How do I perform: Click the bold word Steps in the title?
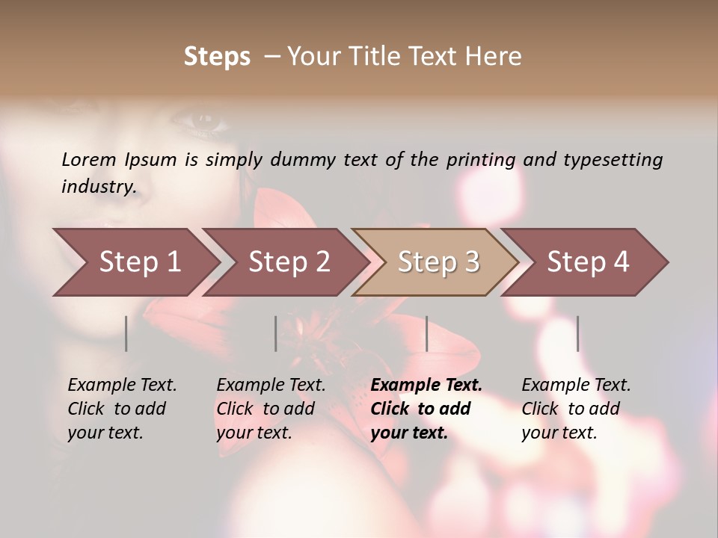[217, 57]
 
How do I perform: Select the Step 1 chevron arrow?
[135, 262]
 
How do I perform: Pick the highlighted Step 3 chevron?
[438, 262]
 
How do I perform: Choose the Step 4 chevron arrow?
[587, 262]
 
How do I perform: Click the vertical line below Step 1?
[126, 333]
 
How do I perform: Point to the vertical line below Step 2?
[276, 333]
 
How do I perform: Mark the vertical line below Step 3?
[426, 333]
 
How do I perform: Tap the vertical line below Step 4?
[577, 333]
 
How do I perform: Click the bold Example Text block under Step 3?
[426, 409]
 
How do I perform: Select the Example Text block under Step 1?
[123, 409]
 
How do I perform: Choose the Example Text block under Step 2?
[271, 409]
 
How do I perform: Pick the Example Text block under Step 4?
[576, 409]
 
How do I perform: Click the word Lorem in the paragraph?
[89, 159]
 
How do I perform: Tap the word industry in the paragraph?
[98, 187]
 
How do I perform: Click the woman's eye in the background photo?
[200, 118]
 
